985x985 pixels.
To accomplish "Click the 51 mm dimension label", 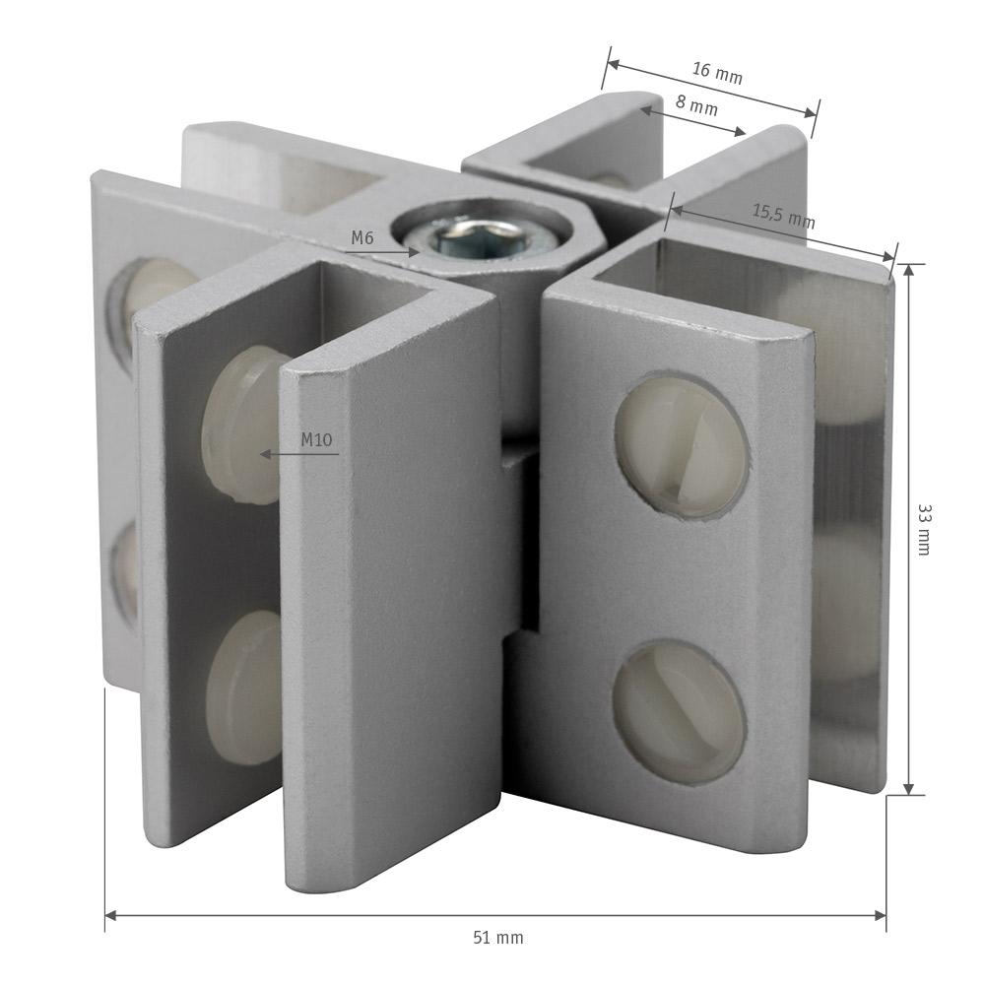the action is (498, 938).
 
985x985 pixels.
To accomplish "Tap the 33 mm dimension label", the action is (924, 530).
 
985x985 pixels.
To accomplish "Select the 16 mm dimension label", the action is (717, 73).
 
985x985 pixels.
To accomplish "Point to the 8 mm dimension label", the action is (696, 105).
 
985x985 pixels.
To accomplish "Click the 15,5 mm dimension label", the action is (784, 217).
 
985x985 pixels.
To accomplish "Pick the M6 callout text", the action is (361, 238).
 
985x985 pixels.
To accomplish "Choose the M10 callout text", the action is (316, 439).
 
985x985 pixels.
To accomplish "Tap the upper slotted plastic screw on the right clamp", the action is (682, 447).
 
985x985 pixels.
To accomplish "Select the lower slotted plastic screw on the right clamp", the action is (679, 711).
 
